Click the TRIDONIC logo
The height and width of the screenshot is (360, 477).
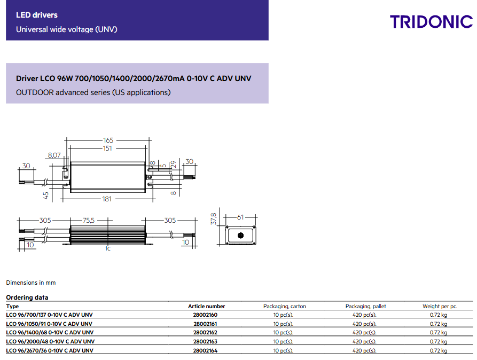(x=432, y=21)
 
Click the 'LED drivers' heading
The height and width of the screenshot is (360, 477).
(x=37, y=15)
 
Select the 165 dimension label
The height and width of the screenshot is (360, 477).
(x=108, y=140)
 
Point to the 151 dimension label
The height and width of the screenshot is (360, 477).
(x=107, y=148)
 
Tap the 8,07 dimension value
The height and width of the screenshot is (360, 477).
(x=54, y=155)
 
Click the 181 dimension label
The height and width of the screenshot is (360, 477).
(x=107, y=199)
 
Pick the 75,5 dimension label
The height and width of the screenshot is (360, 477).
(x=89, y=220)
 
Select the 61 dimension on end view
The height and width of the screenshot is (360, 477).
(x=240, y=217)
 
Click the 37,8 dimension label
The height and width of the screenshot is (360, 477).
(x=214, y=219)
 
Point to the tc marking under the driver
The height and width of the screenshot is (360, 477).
(x=108, y=248)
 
